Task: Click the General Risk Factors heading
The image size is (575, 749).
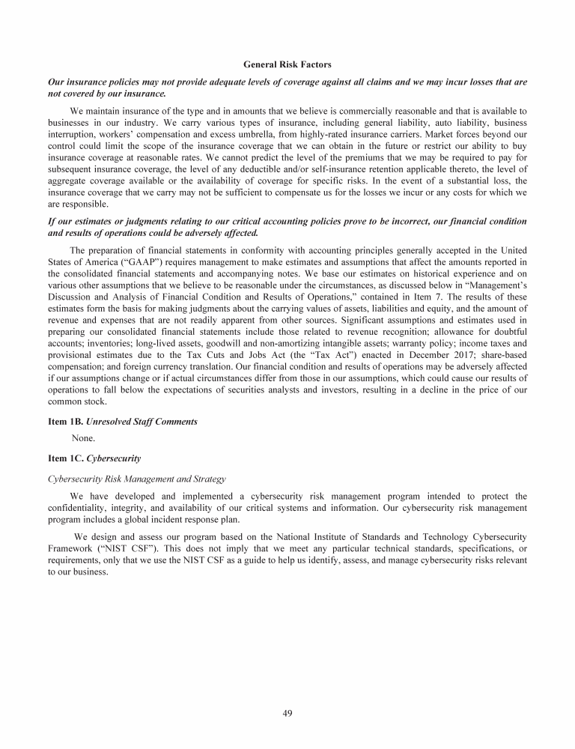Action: click(x=287, y=64)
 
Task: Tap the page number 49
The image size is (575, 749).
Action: click(x=287, y=712)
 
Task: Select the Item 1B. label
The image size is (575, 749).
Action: click(x=65, y=422)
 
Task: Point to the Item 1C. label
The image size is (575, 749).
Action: click(x=65, y=457)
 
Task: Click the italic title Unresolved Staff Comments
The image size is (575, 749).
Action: click(x=142, y=422)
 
